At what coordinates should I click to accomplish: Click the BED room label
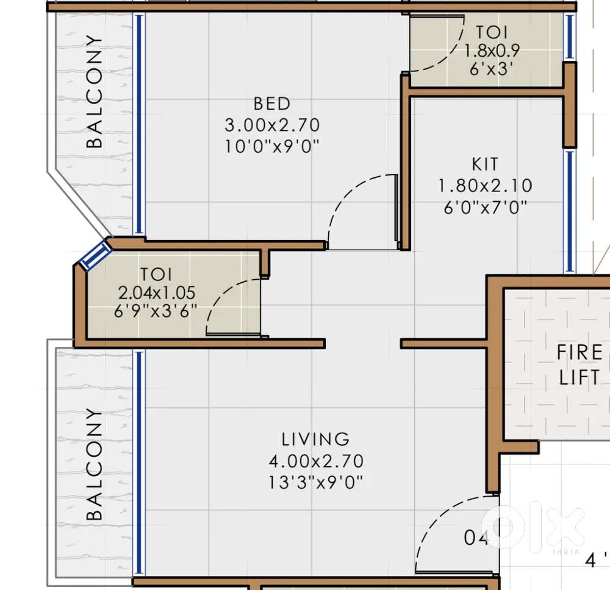272,104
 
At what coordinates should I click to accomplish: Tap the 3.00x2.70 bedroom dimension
272,125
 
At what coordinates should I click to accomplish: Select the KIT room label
485,165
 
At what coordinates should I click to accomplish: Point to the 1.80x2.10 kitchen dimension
485,186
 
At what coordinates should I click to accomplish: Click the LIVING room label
315,439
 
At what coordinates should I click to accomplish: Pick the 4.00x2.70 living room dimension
316,461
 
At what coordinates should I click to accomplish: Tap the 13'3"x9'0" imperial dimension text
315,483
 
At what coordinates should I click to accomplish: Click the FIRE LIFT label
579,365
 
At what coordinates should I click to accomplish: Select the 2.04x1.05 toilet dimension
156,293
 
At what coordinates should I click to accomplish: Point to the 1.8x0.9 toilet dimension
492,51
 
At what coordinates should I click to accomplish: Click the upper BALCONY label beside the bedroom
94,91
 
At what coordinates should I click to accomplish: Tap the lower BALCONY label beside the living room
94,464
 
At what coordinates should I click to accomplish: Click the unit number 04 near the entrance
476,538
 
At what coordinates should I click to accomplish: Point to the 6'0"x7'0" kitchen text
485,208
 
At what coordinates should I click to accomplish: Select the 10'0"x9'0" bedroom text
272,147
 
